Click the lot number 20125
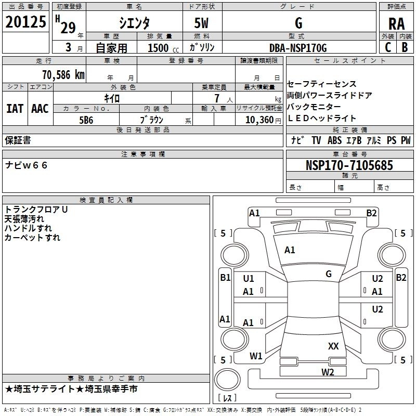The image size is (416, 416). point(25,22)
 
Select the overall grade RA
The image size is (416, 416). point(396,24)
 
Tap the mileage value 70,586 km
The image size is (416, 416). point(63,75)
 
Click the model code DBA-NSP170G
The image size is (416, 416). point(298,48)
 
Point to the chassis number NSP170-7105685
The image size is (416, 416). point(349,165)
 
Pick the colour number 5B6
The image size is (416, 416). point(86,120)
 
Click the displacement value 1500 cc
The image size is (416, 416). point(163,48)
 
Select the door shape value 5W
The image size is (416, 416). point(201,23)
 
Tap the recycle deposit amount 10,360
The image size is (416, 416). point(259,120)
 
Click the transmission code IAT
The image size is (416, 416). point(15,109)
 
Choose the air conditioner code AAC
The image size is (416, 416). point(40,109)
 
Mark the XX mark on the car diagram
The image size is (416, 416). point(333,346)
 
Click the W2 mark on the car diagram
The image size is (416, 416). point(328,372)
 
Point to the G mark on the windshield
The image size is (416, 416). point(329,274)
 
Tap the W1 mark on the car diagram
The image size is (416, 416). point(256,356)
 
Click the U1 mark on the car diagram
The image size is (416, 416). point(249,279)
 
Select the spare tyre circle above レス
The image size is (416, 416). point(227,380)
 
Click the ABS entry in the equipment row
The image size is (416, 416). point(334,140)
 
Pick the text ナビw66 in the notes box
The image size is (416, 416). point(26,165)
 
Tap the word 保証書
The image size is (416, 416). point(18,140)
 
